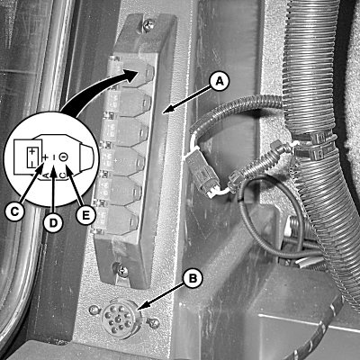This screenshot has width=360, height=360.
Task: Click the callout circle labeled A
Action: [220, 82]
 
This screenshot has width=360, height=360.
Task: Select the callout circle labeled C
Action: [14, 211]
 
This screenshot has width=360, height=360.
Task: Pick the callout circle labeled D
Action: [53, 223]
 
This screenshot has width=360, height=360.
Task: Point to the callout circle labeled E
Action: [85, 215]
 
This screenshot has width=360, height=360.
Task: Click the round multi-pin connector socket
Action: [119, 319]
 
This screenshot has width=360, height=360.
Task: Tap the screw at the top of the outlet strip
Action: [148, 25]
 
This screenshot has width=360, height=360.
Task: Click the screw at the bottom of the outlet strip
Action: [122, 270]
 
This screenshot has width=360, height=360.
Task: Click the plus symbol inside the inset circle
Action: [46, 157]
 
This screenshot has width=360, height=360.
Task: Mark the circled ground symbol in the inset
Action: [63, 157]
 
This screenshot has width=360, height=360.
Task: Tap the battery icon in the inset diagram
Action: [31, 157]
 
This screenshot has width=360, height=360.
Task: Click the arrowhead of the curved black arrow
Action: [132, 74]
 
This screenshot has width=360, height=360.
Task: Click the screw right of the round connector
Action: [155, 322]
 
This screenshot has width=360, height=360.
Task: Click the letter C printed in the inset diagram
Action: [62, 175]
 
